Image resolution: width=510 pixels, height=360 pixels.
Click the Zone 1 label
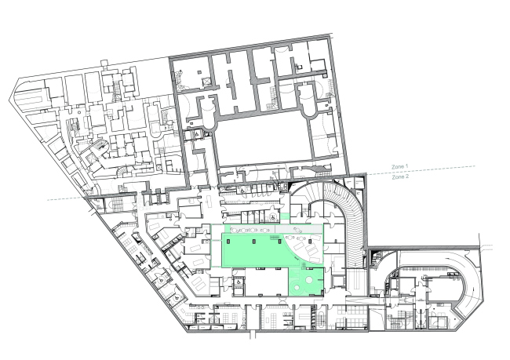point(399,166)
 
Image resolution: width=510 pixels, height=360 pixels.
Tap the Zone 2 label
point(400,177)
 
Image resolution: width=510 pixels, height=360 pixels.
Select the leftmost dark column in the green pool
point(228,241)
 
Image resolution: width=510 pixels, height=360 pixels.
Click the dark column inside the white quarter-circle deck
point(310,241)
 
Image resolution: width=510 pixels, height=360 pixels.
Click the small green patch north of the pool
point(285,216)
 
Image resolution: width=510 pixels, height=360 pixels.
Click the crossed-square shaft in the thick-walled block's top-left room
point(206,82)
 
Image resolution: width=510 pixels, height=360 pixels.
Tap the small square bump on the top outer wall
point(104,63)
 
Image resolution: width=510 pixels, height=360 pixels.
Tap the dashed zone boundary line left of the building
point(66,198)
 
